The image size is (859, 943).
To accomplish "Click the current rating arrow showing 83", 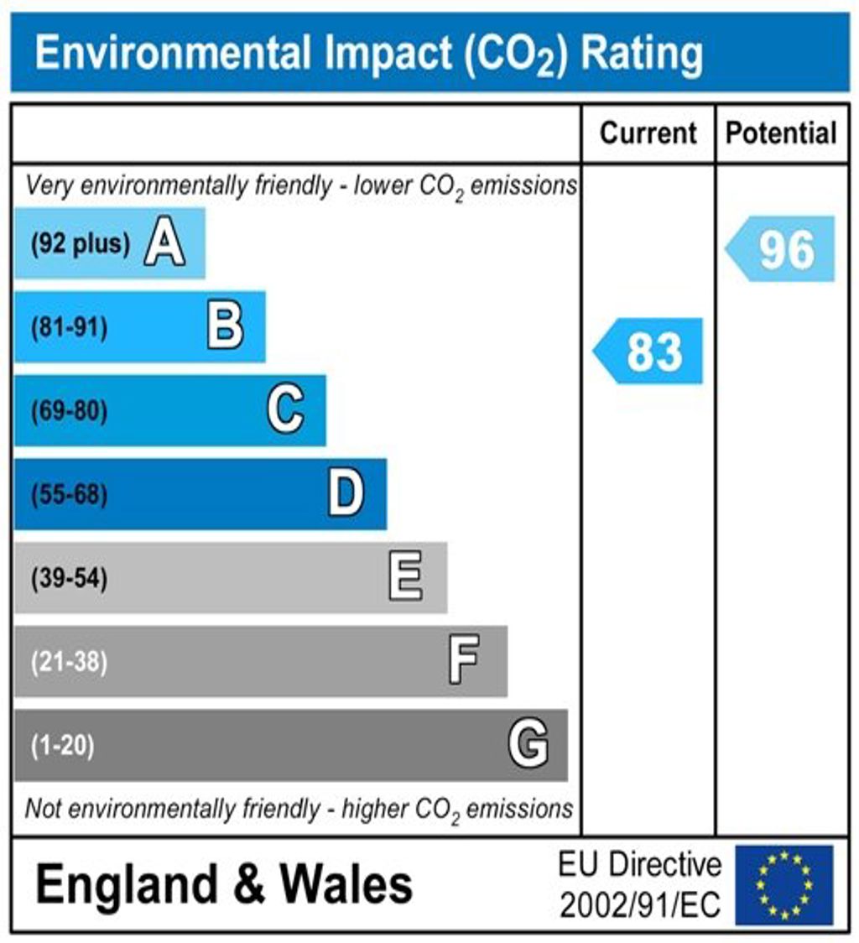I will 649,351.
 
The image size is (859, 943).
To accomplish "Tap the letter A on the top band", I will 164,243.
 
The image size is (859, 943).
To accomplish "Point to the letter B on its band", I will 225,326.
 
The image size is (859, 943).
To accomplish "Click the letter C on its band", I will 285,410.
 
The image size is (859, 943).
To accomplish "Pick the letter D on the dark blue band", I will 346,494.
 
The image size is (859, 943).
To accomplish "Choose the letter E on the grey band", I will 406,578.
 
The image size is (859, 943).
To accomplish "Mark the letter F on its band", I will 464,661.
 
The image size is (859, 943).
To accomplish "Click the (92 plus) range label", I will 81,244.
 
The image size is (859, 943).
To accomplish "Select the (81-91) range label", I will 69,327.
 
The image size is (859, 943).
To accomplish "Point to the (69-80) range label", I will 69,411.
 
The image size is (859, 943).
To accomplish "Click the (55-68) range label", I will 69,495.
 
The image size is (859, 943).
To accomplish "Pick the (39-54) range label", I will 69,579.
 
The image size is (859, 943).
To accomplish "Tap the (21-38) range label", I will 69,663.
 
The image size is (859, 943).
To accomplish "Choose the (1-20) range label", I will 62,746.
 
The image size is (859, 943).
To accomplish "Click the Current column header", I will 648,133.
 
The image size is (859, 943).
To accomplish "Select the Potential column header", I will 781,133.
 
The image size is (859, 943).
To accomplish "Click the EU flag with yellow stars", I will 784,884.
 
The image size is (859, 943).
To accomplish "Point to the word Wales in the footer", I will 346,884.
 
